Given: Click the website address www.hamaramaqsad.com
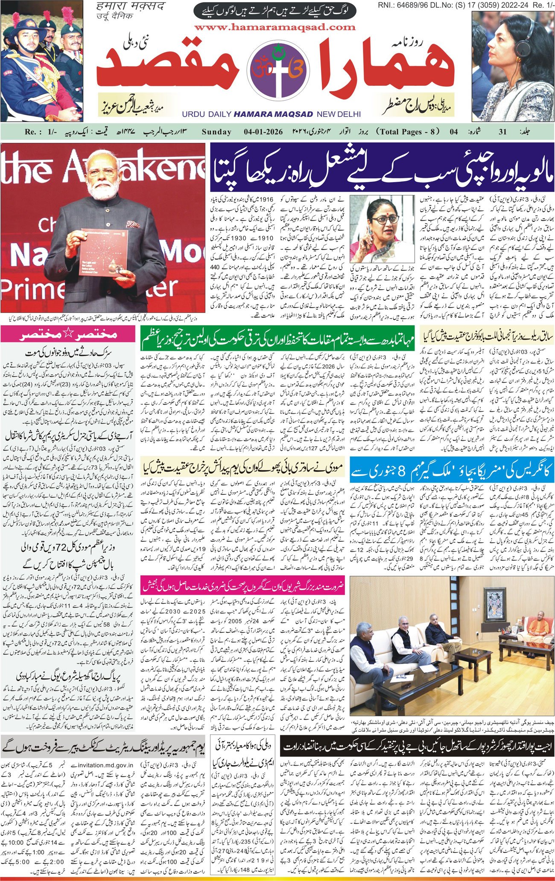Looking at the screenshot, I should point(275,27).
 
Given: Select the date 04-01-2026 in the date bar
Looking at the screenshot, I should point(263,132).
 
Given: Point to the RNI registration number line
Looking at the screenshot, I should point(465,5).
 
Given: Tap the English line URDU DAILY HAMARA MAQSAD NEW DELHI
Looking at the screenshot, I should point(271,114).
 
